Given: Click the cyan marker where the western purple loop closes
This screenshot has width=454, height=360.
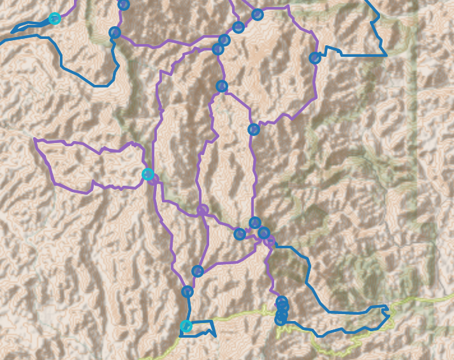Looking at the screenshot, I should tap(148, 174).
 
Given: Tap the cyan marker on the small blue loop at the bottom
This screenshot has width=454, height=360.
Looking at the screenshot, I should tap(186, 326).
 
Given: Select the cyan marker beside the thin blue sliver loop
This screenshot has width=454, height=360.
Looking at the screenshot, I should tap(55, 19).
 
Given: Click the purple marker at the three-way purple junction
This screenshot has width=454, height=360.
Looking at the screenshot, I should tap(203, 210).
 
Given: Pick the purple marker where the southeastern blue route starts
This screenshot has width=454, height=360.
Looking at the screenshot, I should tap(270, 241).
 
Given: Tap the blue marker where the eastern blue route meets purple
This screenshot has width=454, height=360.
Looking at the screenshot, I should tap(314, 58).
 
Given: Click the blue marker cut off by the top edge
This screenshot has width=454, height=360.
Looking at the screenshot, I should tap(124, 4).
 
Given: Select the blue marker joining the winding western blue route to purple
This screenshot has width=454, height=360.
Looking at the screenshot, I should tap(115, 33).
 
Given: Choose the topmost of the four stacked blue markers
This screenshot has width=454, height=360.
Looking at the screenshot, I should tap(281, 302).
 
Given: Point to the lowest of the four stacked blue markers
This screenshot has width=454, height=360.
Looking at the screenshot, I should tap(281, 320).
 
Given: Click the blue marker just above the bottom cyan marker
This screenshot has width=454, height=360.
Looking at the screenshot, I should tap(187, 292).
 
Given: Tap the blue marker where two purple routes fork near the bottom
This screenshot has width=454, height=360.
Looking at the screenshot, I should tap(198, 271).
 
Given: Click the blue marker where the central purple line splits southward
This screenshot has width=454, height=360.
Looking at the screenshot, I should tap(221, 86).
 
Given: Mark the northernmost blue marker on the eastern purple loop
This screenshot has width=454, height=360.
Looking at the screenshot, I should tap(258, 14).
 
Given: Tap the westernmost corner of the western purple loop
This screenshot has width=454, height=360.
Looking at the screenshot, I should tap(34, 140).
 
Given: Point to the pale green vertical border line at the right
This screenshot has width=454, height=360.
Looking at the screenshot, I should tap(418, 160).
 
